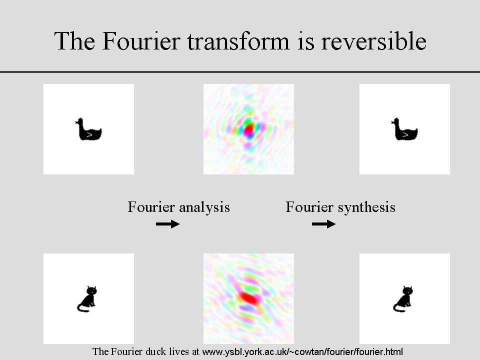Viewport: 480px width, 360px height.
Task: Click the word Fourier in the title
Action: pyautogui.click(x=141, y=41)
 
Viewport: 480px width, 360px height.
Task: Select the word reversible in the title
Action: pyautogui.click(x=373, y=41)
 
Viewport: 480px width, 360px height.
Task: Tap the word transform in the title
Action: pyautogui.click(x=238, y=41)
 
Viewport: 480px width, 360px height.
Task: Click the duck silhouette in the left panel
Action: pyautogui.click(x=88, y=129)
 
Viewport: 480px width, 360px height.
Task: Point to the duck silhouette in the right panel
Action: pyautogui.click(x=404, y=129)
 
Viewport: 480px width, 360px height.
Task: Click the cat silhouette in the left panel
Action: pyautogui.click(x=87, y=299)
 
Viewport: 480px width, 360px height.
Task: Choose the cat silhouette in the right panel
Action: pyautogui.click(x=403, y=299)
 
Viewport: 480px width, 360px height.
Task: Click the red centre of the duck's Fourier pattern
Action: pyautogui.click(x=249, y=129)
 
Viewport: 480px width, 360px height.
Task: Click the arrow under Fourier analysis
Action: pyautogui.click(x=168, y=224)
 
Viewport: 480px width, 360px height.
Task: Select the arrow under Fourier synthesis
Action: pyautogui.click(x=324, y=224)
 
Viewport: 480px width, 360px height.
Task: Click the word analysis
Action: pyautogui.click(x=204, y=207)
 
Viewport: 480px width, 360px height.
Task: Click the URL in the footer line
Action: pyautogui.click(x=302, y=351)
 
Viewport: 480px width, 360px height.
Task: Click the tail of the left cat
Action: pyautogui.click(x=82, y=307)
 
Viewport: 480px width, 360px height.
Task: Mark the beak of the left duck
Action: pyautogui.click(x=76, y=122)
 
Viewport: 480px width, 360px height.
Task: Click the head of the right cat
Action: pyautogui.click(x=407, y=290)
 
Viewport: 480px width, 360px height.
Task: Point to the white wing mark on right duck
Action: pyautogui.click(x=405, y=134)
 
